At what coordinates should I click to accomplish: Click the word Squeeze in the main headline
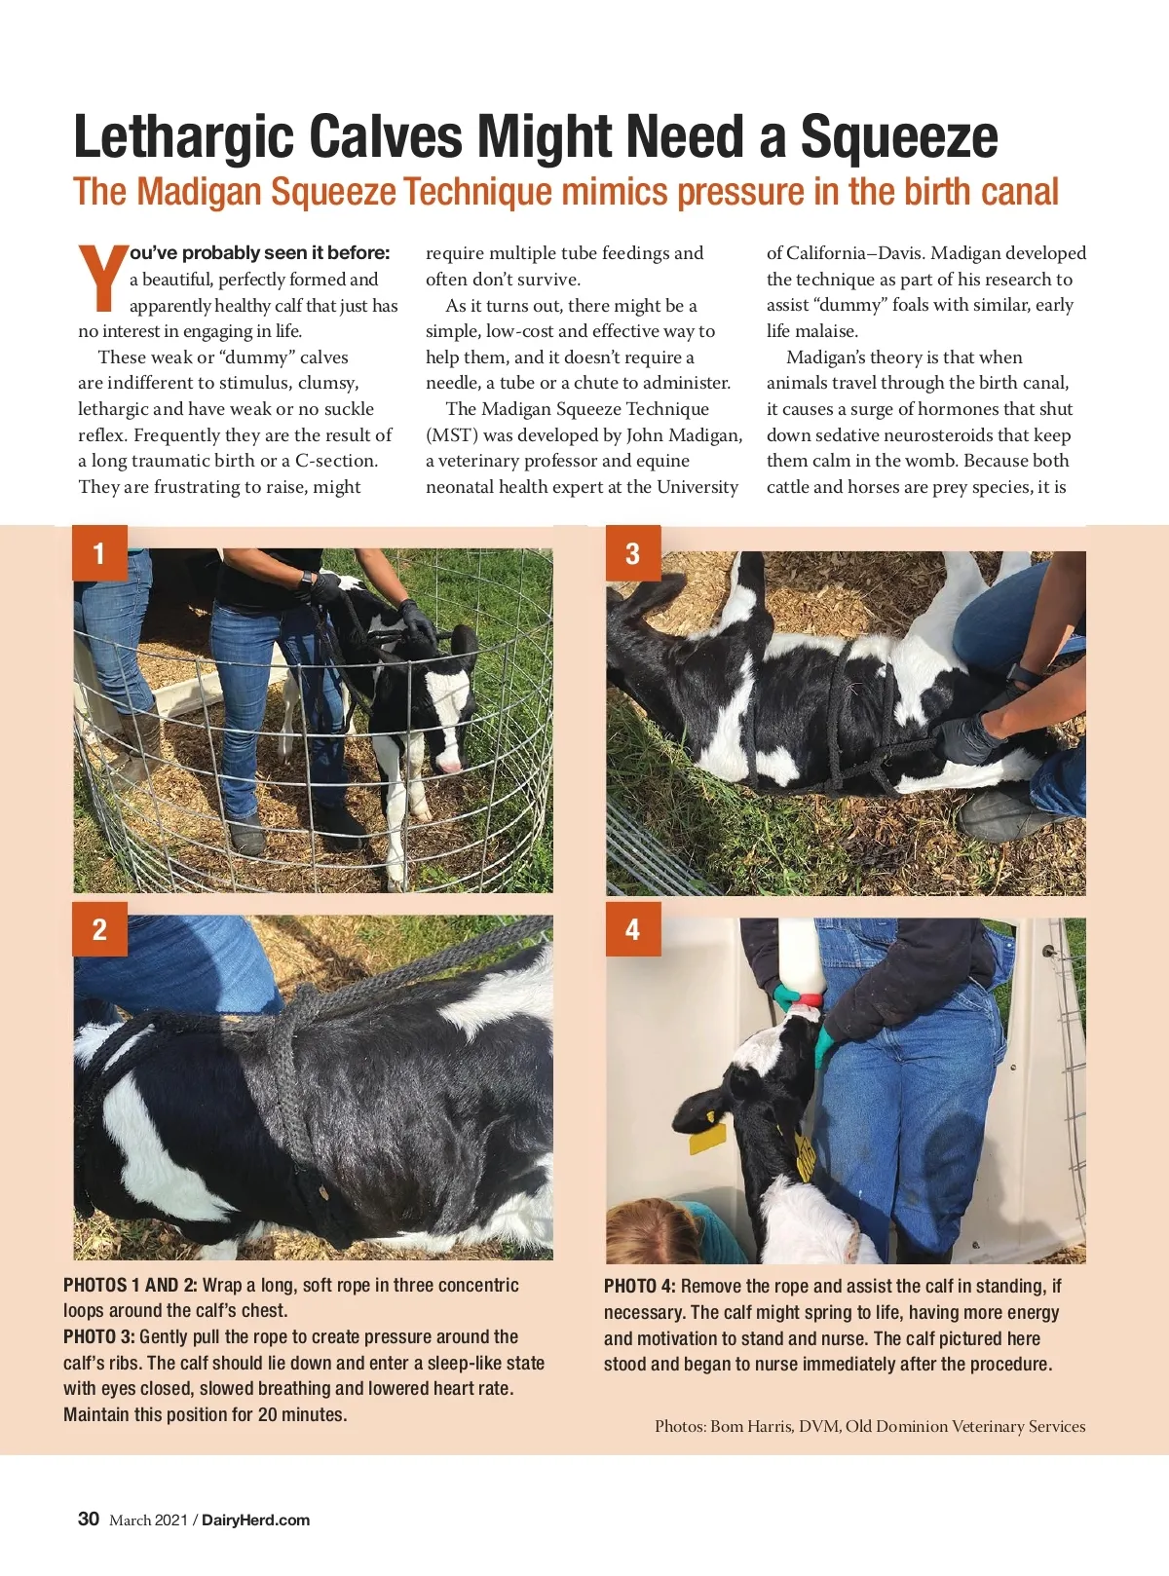899,137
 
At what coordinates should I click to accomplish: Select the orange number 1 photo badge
99,553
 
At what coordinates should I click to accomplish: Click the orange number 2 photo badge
99,928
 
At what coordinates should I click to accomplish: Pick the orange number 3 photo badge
632,553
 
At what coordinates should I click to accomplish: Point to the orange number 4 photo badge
632,928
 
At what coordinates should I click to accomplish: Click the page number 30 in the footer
88,1519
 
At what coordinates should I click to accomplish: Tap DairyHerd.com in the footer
256,1520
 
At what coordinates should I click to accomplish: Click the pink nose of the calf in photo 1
450,766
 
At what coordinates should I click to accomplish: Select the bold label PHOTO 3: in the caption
98,1336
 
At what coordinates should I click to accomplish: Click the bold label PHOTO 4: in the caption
640,1286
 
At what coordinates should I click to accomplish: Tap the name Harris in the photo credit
769,1426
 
